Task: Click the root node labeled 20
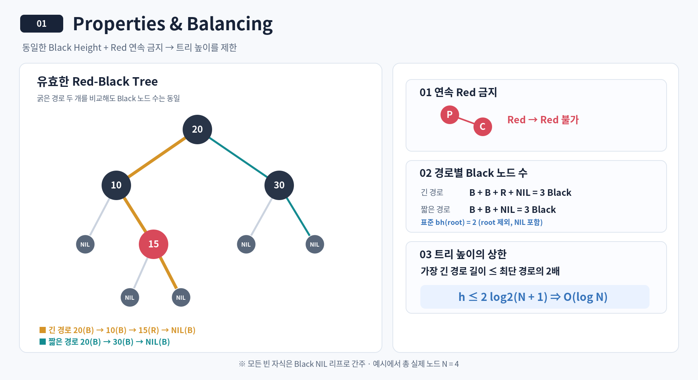[197, 130]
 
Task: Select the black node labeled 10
[116, 185]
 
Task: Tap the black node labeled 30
[279, 185]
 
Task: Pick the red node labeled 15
[154, 244]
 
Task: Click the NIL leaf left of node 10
[85, 244]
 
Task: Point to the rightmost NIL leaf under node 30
[315, 244]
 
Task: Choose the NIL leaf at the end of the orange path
[181, 297]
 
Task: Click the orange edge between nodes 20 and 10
[157, 157]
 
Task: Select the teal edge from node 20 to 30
[238, 157]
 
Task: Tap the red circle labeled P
[450, 115]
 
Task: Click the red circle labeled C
[483, 127]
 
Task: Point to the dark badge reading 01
[41, 24]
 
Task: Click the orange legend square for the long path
[43, 330]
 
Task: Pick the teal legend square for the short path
[43, 342]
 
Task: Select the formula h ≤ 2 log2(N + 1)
[503, 297]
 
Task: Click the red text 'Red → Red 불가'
[543, 120]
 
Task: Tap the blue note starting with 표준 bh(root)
[482, 222]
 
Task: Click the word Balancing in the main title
[230, 24]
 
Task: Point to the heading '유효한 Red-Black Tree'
[97, 81]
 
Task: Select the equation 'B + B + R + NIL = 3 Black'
[520, 193]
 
